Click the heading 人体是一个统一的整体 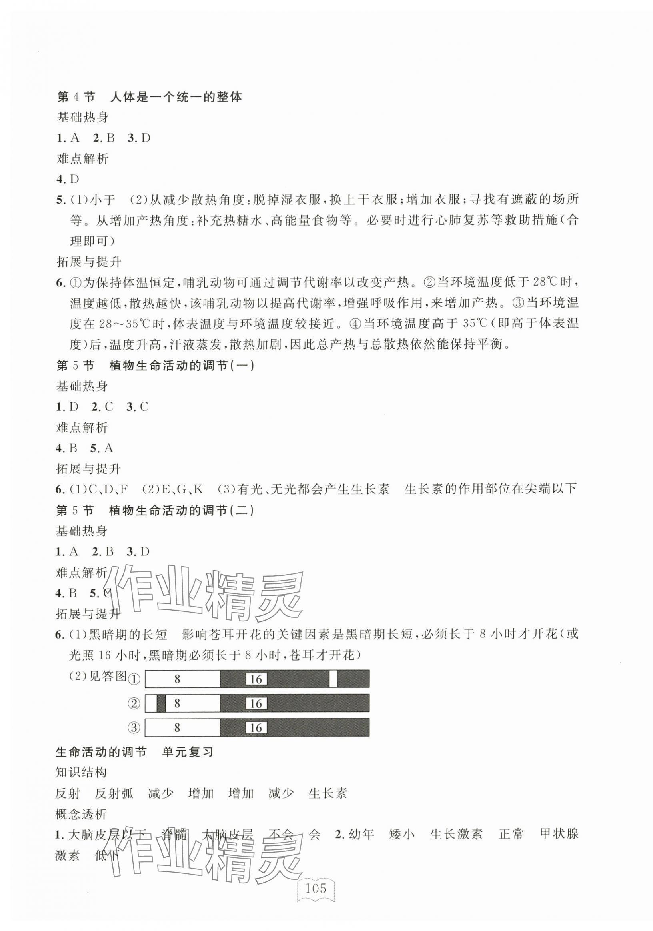[176, 97]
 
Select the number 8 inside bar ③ [177, 727]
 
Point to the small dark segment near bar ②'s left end [161, 703]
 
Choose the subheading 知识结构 [81, 773]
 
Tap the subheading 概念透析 [81, 814]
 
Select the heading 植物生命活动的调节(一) [182, 366]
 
